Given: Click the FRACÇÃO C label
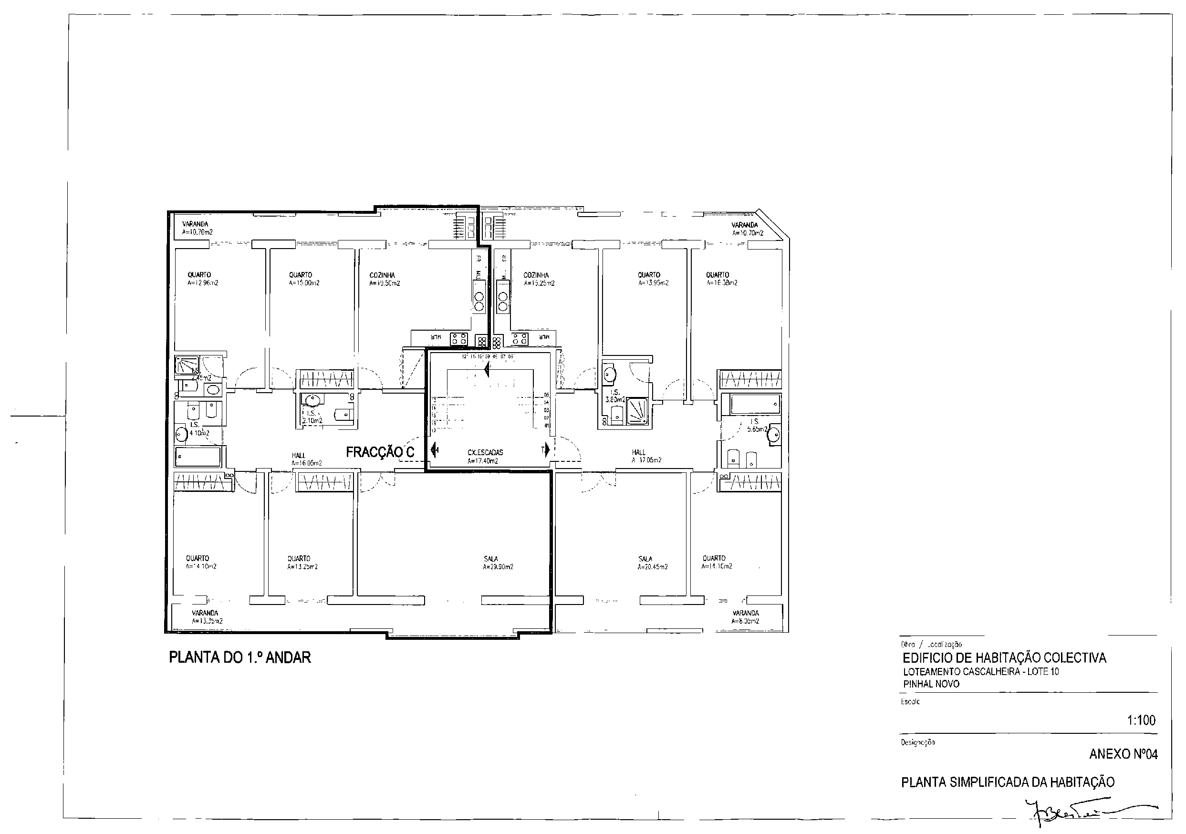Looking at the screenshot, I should click(x=380, y=452).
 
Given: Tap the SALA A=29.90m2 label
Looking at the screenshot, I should click(x=498, y=563).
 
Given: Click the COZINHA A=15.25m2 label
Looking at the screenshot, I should click(x=539, y=279).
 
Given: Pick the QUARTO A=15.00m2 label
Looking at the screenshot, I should click(x=304, y=279).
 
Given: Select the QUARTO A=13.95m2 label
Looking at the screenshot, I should click(x=653, y=279).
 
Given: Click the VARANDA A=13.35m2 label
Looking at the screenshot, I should click(x=207, y=617).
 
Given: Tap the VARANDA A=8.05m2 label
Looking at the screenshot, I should click(x=745, y=617).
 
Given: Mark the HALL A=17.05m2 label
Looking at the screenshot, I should click(x=645, y=456).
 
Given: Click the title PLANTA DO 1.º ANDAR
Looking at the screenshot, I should click(x=239, y=657).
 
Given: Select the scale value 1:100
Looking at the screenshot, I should click(x=1141, y=720).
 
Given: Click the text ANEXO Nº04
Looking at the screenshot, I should click(x=1123, y=754).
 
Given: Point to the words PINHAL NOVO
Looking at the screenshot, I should click(x=931, y=684).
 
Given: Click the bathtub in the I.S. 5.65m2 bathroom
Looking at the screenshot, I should click(x=755, y=404).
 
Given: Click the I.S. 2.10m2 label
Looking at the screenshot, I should click(x=312, y=417).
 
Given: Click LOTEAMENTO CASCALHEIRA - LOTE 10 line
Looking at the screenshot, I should click(x=980, y=672).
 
